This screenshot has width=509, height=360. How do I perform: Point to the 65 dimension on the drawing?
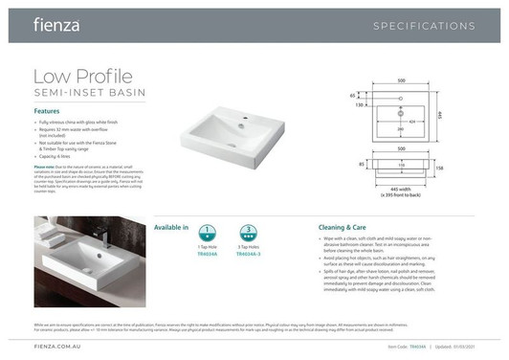pyautogui.click(x=352, y=96)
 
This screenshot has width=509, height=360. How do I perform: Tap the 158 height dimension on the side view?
pyautogui.click(x=466, y=169)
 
